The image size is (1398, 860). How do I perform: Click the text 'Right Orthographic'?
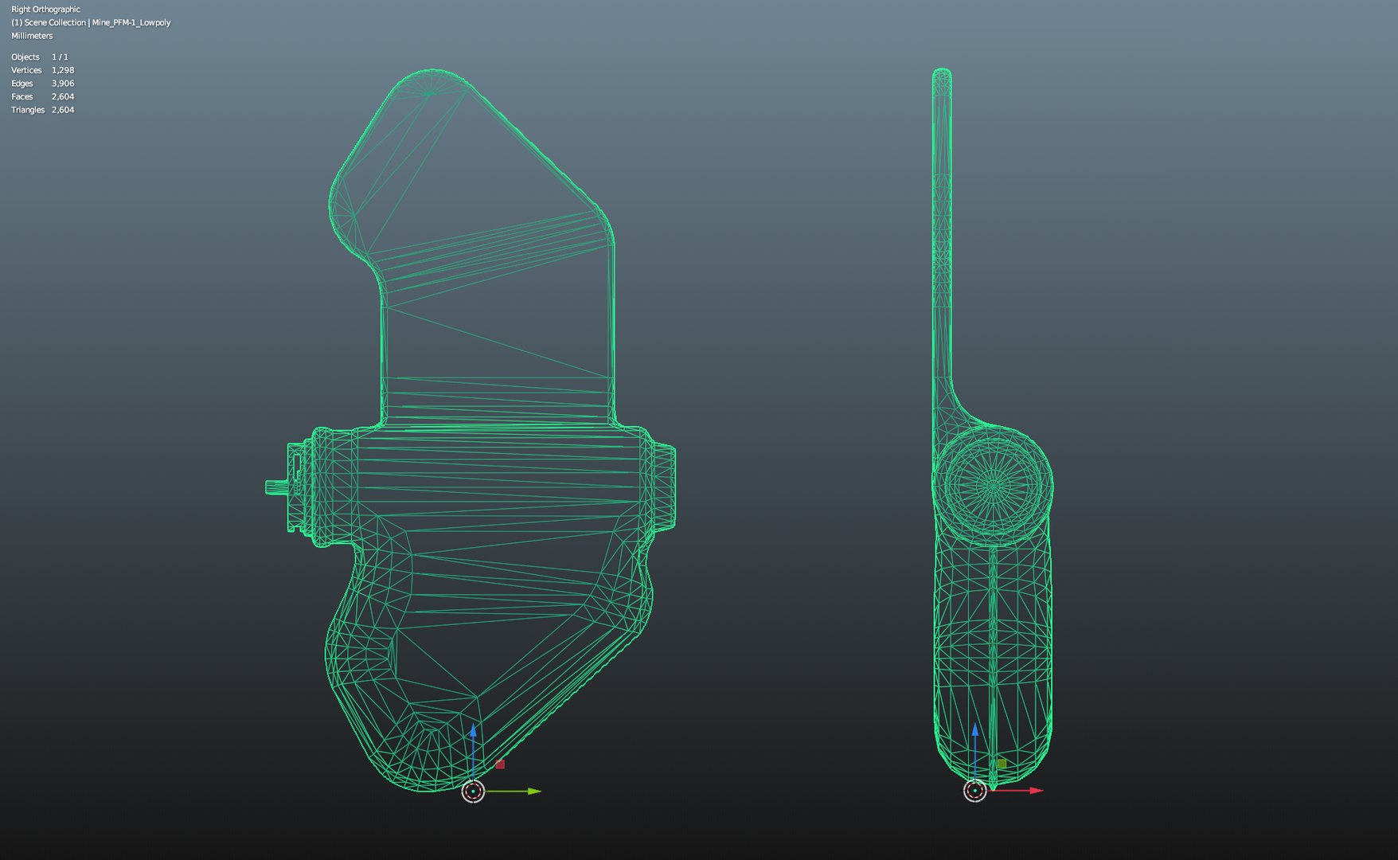[x=45, y=10]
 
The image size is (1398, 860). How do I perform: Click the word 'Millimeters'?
[x=32, y=36]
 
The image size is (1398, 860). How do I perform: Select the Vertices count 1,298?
[x=63, y=70]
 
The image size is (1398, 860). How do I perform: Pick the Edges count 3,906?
[x=63, y=84]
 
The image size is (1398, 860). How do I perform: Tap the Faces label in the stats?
[x=22, y=96]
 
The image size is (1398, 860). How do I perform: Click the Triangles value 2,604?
[x=63, y=110]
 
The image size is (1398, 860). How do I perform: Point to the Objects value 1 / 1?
[x=60, y=57]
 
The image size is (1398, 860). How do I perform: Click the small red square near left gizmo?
[x=500, y=764]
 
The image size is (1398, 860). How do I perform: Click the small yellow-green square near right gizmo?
[x=1002, y=764]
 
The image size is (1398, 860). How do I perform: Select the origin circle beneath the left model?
[x=473, y=792]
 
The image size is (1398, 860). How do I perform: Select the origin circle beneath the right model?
[x=974, y=792]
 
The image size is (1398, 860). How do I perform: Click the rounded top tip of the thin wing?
[x=942, y=73]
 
